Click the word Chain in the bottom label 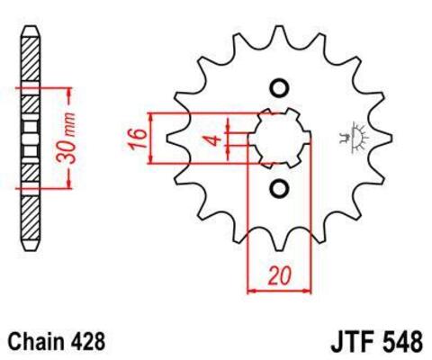coord(35,342)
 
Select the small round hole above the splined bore coord(278,88)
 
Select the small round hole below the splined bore coord(278,188)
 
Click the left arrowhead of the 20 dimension coord(251,291)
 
